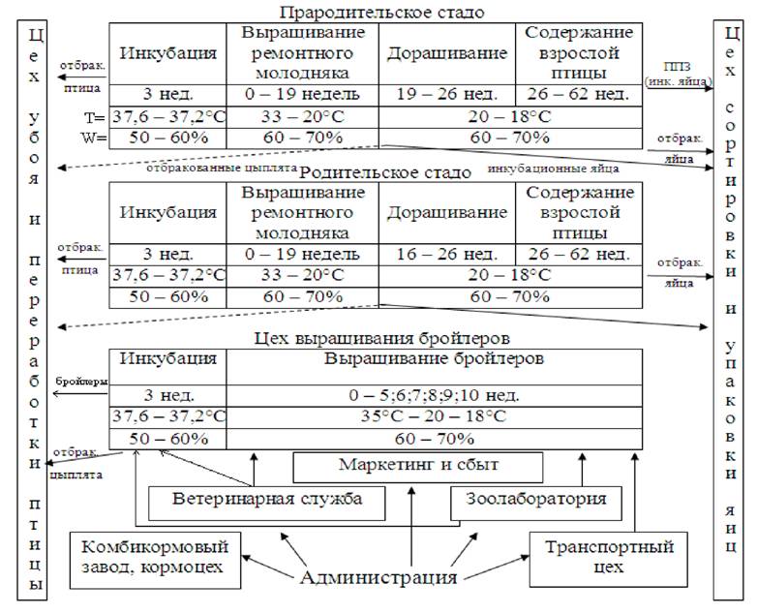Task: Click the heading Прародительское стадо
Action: coord(380,13)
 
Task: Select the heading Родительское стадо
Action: coord(380,172)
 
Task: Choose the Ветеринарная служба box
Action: coord(268,501)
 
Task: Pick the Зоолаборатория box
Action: coord(530,500)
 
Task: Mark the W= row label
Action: coord(95,137)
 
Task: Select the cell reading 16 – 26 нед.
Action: coord(446,255)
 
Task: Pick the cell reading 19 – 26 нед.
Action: coord(446,94)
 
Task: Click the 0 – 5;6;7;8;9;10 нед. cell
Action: coord(434,395)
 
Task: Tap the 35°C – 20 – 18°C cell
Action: coord(434,416)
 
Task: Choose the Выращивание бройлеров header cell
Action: coord(434,357)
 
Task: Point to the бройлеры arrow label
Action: coord(80,382)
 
